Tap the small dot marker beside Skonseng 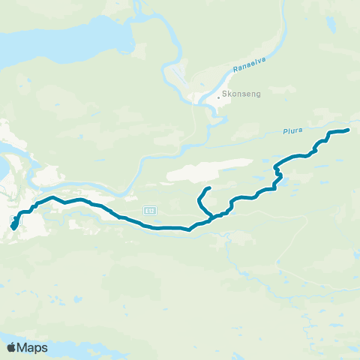218,97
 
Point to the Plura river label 292,130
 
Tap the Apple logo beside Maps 12,347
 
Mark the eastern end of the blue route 348,130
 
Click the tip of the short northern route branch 208,187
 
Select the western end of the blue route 13,226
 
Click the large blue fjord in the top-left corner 45,37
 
